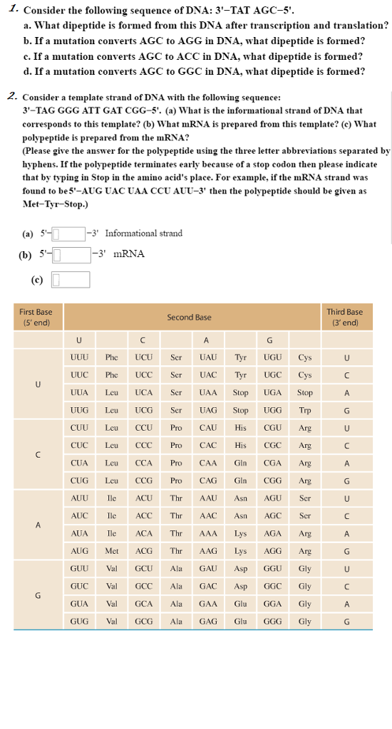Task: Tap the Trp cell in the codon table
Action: coord(305,410)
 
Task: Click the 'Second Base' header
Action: coord(189,317)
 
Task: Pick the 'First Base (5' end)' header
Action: coord(35,317)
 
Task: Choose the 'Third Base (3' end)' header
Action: coord(345,317)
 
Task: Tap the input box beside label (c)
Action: coord(70,280)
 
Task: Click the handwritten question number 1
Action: coord(10,10)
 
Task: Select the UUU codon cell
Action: coord(80,357)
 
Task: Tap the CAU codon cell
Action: coord(208,428)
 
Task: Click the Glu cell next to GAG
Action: coord(241,621)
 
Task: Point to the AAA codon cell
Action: coord(208,533)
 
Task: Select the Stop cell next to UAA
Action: coord(241,392)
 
